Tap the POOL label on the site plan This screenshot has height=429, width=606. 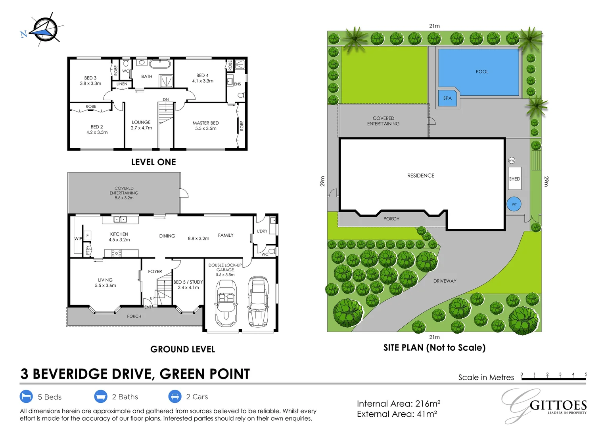point(482,72)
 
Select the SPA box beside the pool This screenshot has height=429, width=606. point(447,98)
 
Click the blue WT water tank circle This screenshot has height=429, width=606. point(514,204)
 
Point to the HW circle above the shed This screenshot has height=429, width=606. point(512,160)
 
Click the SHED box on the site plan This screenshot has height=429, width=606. point(514,179)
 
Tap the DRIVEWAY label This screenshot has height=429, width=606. point(445,281)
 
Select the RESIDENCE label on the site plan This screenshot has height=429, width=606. point(420,176)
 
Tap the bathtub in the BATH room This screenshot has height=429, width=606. point(160,64)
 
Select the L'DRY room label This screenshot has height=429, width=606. point(262,231)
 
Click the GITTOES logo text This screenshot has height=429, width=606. point(558,405)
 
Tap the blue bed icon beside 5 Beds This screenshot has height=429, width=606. point(26,396)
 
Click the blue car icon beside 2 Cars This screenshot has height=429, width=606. point(175,396)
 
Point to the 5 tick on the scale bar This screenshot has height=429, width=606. point(585,375)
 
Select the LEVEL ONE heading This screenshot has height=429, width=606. point(153,162)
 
